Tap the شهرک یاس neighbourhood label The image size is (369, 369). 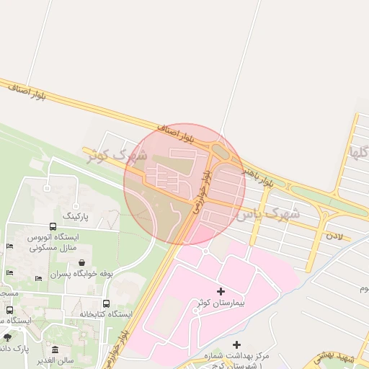[273, 213]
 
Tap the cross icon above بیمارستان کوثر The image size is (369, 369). [221, 290]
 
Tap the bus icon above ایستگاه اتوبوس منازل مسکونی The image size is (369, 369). [53, 226]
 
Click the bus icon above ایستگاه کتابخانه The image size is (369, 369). [107, 303]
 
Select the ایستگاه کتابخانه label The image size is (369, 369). [105, 314]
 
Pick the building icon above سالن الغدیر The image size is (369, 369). [55, 349]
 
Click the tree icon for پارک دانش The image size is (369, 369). [7, 337]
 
